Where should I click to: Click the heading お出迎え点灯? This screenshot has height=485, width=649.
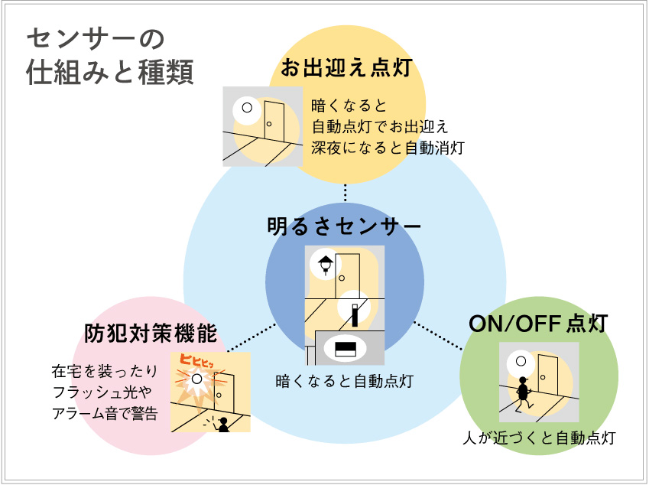346,67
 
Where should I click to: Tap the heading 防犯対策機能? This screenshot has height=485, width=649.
151,334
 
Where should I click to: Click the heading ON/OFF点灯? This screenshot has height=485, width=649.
538,324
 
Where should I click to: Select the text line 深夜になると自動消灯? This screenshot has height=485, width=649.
388,147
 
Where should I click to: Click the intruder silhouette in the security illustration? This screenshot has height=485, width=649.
223,425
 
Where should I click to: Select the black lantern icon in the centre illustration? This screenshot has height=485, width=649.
326,265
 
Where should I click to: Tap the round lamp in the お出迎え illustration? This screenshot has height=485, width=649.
247,108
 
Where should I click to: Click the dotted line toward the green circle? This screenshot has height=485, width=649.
438,336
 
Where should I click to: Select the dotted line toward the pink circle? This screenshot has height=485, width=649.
251,337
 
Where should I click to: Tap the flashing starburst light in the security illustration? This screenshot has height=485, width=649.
197,380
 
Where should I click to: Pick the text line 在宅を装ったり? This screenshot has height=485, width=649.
105,372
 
